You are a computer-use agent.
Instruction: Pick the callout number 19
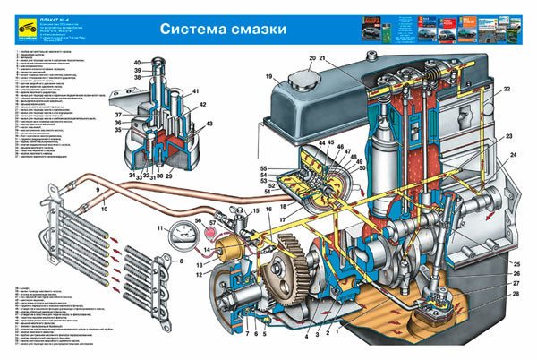[x=268, y=77]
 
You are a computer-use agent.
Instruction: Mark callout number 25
[x=516, y=264]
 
